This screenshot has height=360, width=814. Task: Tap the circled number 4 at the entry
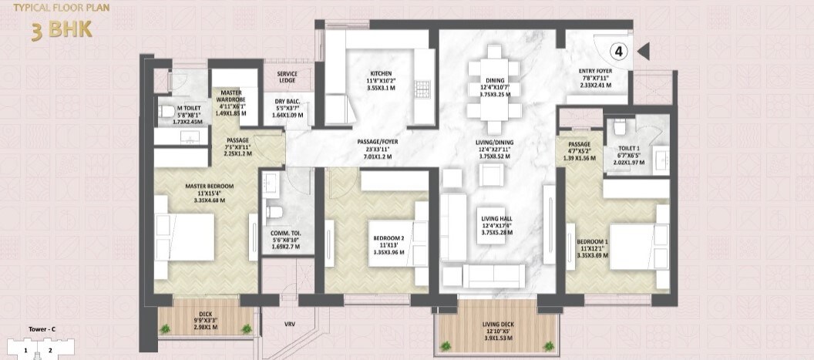(x=620, y=52)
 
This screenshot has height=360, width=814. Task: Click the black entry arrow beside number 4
(x=644, y=52)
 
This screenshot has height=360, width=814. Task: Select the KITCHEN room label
(x=382, y=75)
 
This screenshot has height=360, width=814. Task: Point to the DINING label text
(x=495, y=79)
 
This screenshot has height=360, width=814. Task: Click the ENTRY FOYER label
(x=595, y=72)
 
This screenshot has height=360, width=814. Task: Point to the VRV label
(x=289, y=324)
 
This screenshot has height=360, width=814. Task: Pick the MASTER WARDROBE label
(x=228, y=98)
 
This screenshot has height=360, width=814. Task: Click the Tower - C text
(x=41, y=330)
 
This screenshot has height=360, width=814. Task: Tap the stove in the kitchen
(x=422, y=86)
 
